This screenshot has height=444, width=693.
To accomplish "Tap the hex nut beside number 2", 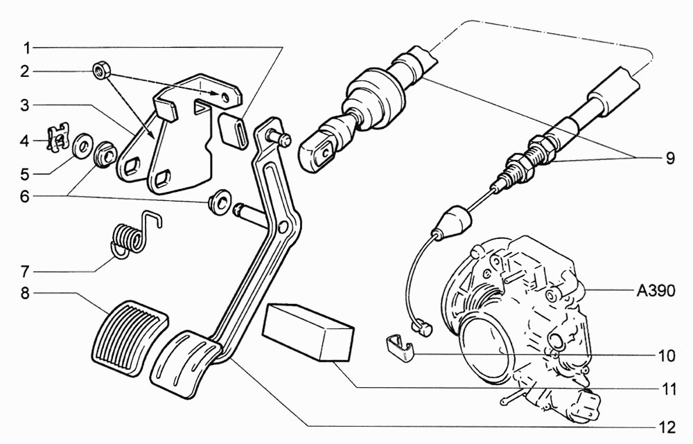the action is click(x=101, y=71).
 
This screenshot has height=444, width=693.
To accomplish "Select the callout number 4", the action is click(x=25, y=142).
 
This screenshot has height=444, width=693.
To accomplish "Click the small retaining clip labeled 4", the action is click(x=58, y=138).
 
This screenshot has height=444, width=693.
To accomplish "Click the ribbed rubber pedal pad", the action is click(x=130, y=338).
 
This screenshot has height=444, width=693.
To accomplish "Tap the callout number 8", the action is click(x=25, y=293).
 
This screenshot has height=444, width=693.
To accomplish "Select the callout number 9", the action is click(x=670, y=158).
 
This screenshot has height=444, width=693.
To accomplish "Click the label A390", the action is click(x=656, y=291).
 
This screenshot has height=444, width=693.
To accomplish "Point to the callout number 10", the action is click(x=667, y=355).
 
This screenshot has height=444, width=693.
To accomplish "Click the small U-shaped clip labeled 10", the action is click(x=401, y=348).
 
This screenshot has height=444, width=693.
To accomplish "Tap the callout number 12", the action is click(x=667, y=427).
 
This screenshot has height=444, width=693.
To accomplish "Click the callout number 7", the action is click(x=25, y=271).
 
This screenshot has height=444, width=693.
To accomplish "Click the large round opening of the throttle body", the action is click(x=485, y=350).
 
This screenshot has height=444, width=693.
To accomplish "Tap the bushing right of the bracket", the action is click(x=219, y=202).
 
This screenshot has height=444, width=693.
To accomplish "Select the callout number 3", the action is click(x=25, y=105).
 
